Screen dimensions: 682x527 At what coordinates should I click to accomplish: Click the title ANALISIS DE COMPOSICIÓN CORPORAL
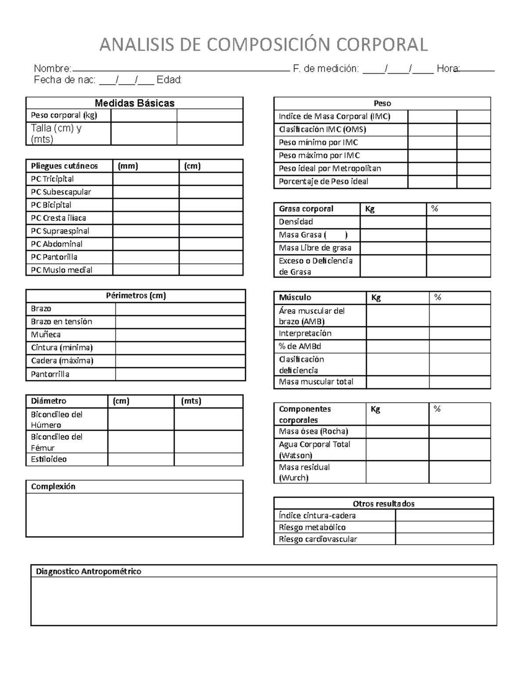263,45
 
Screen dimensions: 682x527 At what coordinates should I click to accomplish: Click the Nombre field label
52,69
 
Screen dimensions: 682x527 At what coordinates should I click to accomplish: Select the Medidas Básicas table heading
134,103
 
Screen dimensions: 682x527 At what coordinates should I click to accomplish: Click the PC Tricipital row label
52,179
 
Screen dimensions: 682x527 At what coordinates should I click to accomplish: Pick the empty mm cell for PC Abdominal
145,244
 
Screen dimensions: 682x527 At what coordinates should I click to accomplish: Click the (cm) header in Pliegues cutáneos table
192,166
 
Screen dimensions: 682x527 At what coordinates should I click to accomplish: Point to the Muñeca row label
46,335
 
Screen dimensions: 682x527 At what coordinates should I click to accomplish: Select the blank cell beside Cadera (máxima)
180,361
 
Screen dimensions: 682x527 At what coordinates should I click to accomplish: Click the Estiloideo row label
49,459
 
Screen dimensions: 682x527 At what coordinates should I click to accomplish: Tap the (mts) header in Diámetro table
191,401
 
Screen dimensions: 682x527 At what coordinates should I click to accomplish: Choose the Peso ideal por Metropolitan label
330,169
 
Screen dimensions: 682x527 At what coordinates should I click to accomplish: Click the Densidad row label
296,222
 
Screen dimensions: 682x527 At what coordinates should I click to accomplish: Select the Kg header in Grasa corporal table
370,209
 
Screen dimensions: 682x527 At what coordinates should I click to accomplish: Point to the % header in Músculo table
437,298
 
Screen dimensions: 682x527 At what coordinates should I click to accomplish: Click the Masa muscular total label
316,382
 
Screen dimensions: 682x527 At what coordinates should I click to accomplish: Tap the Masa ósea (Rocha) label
313,432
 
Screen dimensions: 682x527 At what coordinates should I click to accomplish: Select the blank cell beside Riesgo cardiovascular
444,539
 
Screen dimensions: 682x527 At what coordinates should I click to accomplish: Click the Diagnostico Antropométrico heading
88,571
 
